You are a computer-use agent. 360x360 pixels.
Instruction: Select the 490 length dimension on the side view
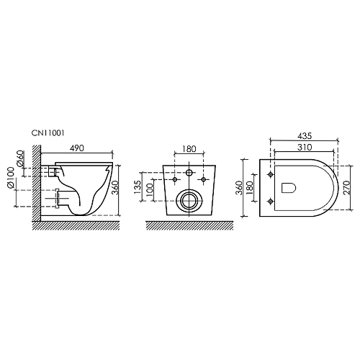[x=79, y=148]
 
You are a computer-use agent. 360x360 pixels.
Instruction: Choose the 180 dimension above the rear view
[x=189, y=149]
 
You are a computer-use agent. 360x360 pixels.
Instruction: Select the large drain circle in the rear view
[x=189, y=200]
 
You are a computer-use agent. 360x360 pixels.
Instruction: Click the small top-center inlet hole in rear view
[x=189, y=173]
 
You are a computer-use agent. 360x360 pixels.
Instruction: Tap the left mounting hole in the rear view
[x=175, y=178]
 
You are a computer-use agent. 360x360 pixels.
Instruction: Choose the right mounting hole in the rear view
[x=204, y=178]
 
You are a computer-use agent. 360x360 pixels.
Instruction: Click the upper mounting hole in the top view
[x=271, y=175]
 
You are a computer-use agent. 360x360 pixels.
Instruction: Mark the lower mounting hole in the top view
[x=271, y=199]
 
